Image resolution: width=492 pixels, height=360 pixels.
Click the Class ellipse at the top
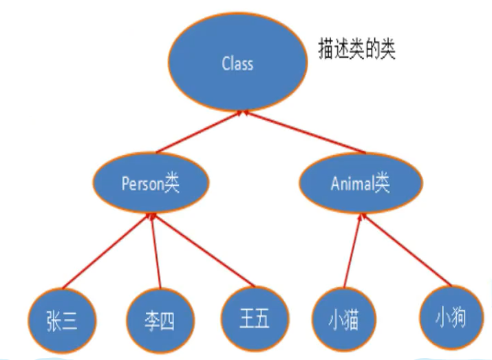point(238,64)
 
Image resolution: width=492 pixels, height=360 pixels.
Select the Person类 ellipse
point(150,185)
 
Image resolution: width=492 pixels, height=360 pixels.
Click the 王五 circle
point(252,319)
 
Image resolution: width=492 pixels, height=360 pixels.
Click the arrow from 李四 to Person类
point(156,251)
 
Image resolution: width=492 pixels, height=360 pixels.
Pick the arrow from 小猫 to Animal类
point(352,251)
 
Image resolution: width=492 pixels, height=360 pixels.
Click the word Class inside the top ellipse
point(238,64)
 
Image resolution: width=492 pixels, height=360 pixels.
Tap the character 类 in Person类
point(171,185)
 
